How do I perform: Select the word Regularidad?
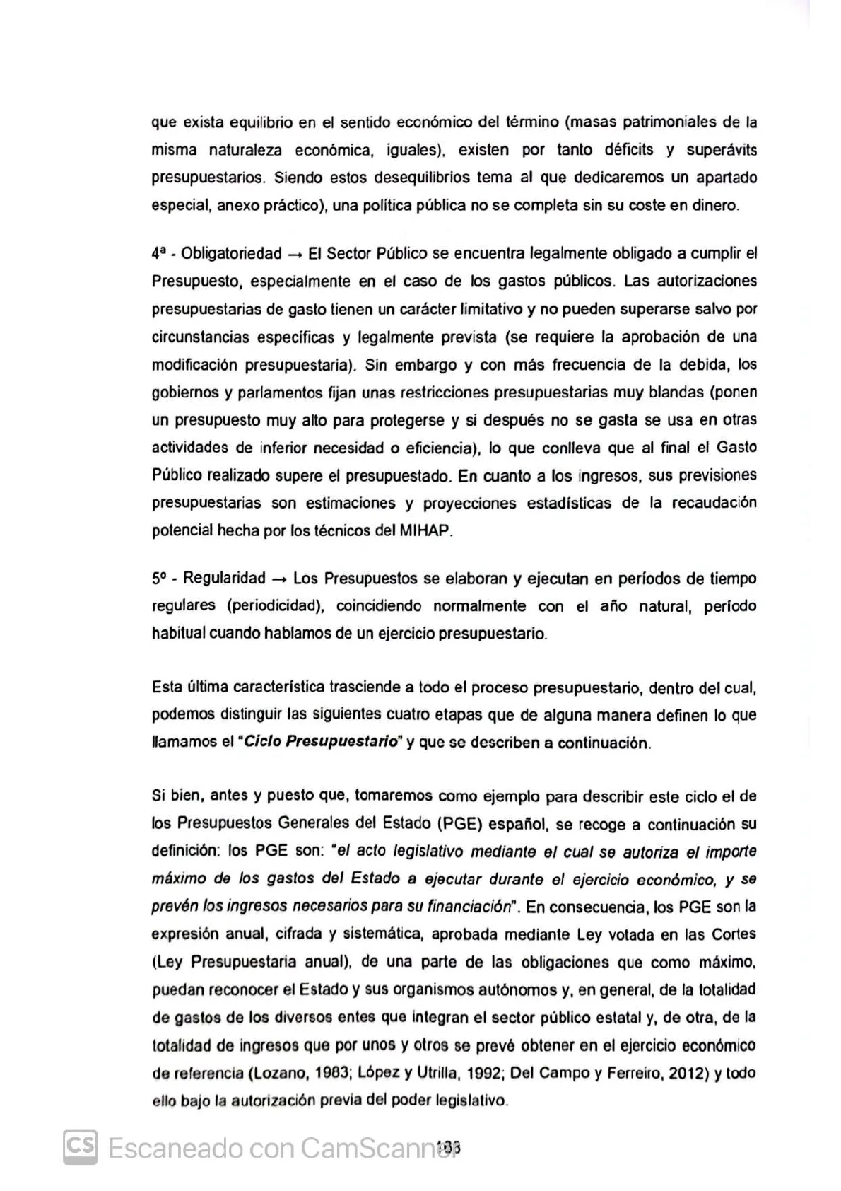224,579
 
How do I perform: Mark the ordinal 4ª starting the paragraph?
158,254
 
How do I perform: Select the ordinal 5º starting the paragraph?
158,579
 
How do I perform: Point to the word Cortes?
734,934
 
